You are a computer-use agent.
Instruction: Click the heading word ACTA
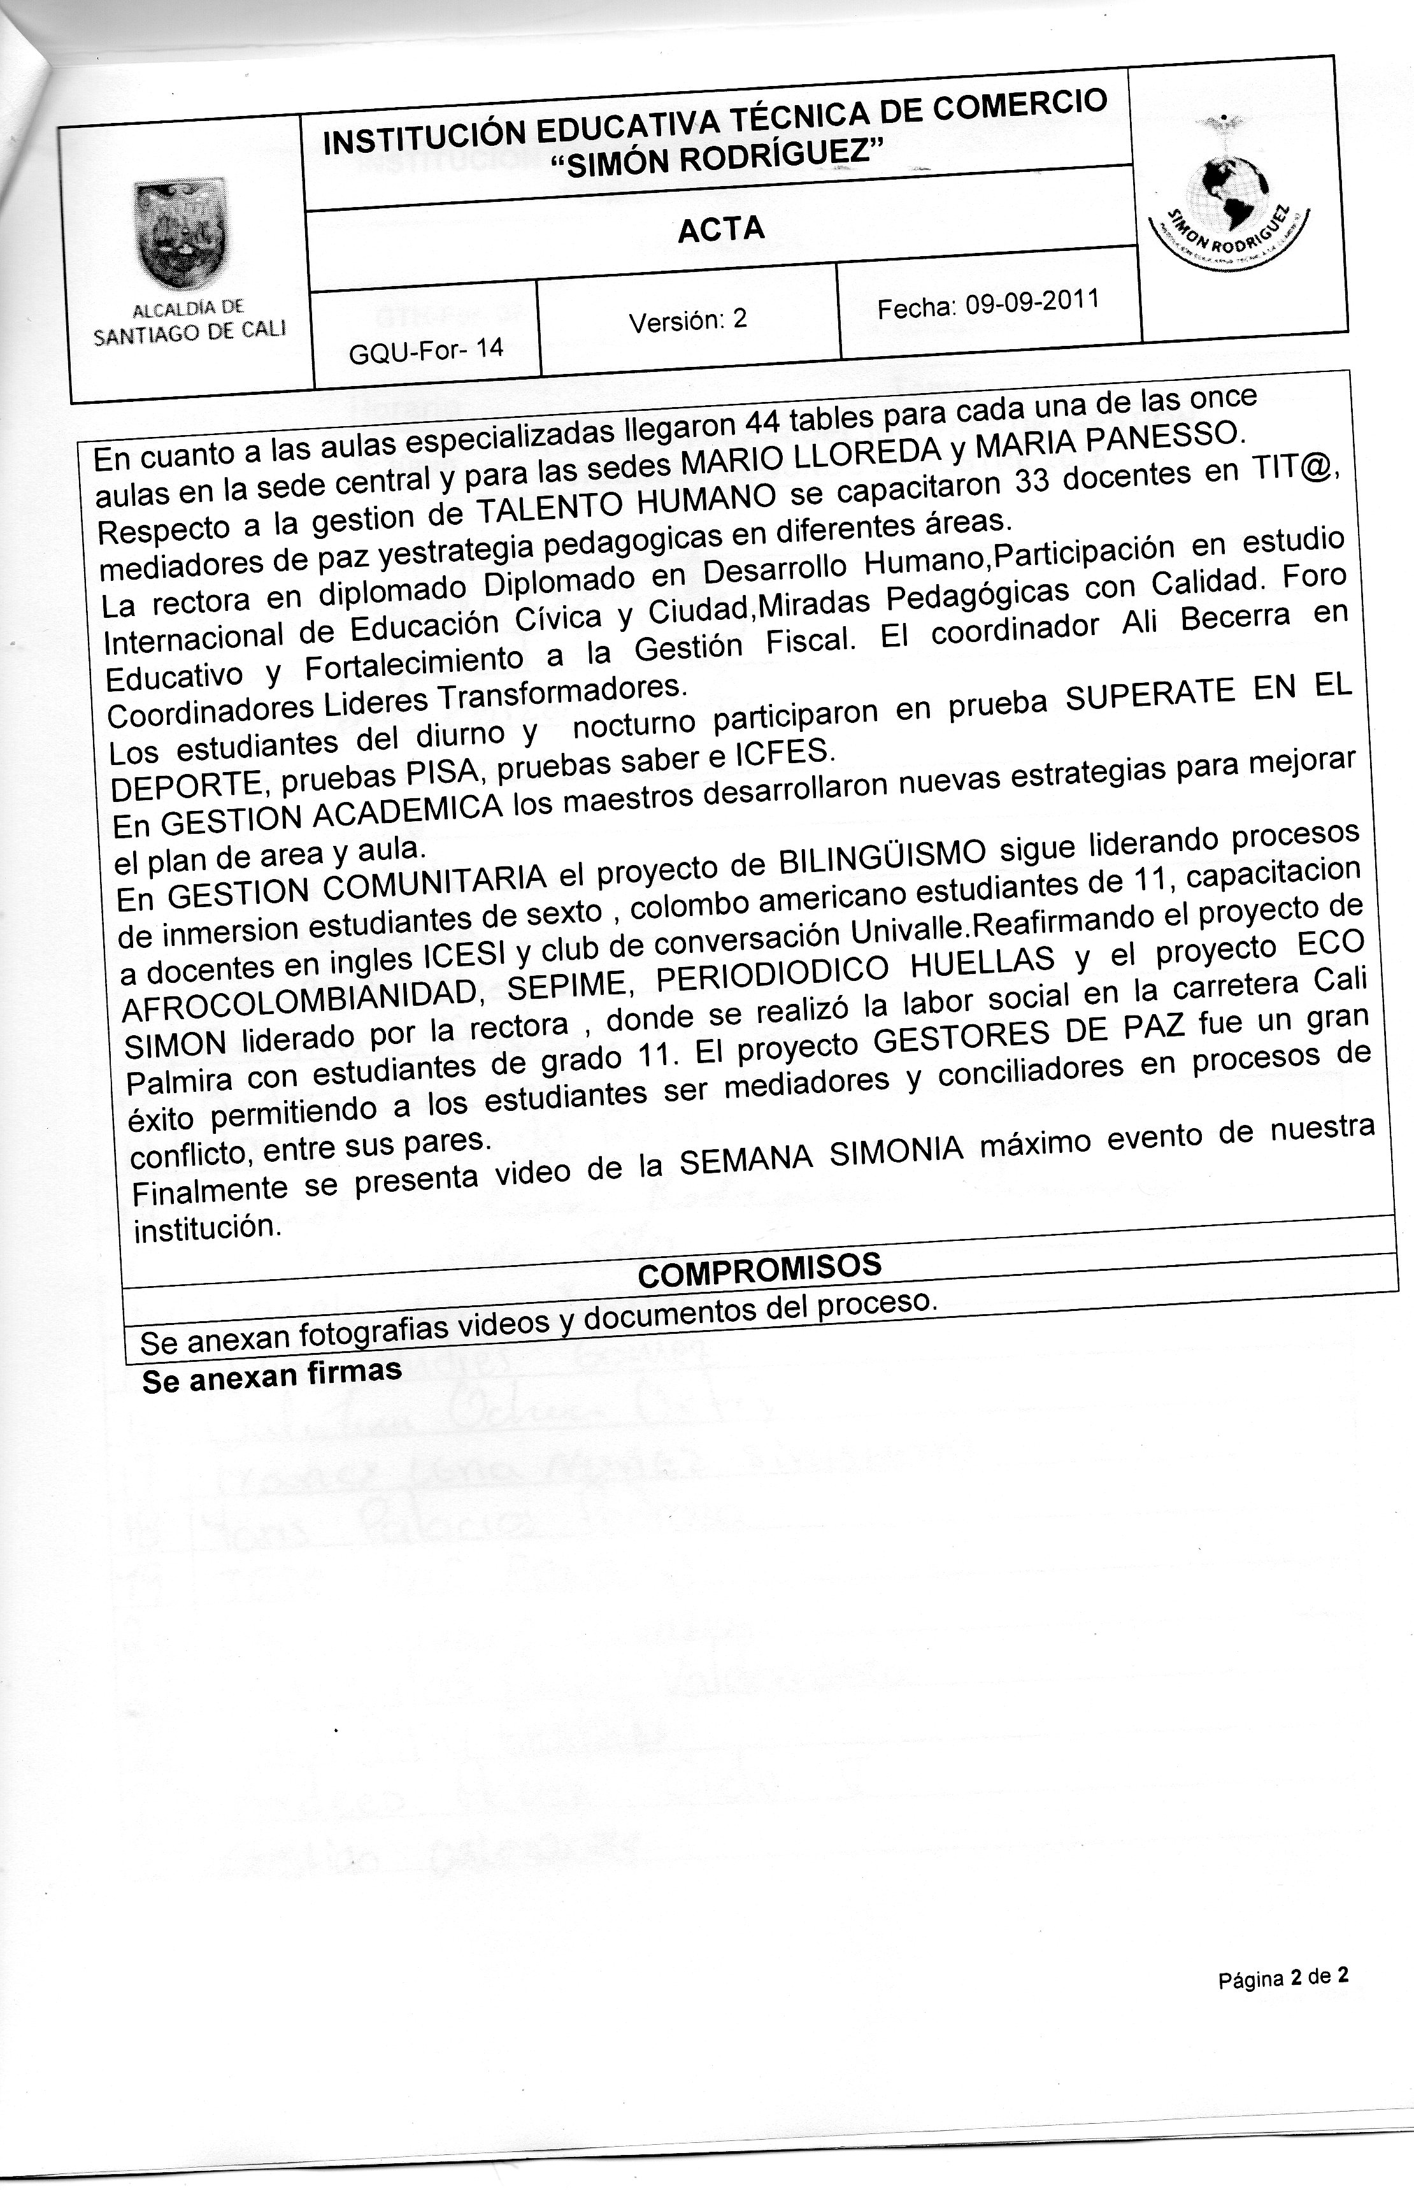721,229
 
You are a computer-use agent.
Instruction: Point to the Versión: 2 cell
688,320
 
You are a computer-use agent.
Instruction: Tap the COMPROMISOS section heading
759,1269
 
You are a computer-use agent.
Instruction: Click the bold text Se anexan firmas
272,1375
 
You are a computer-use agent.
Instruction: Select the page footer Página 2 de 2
1283,1979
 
